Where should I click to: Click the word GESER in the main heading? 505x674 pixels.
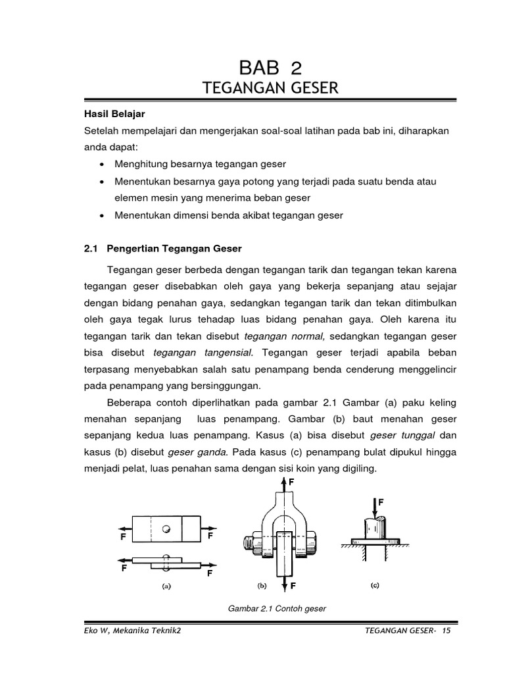pyautogui.click(x=308, y=88)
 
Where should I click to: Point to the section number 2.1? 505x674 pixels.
pyautogui.click(x=91, y=248)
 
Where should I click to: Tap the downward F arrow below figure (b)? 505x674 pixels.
pyautogui.click(x=284, y=582)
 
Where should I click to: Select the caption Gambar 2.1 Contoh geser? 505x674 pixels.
pyautogui.click(x=277, y=608)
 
